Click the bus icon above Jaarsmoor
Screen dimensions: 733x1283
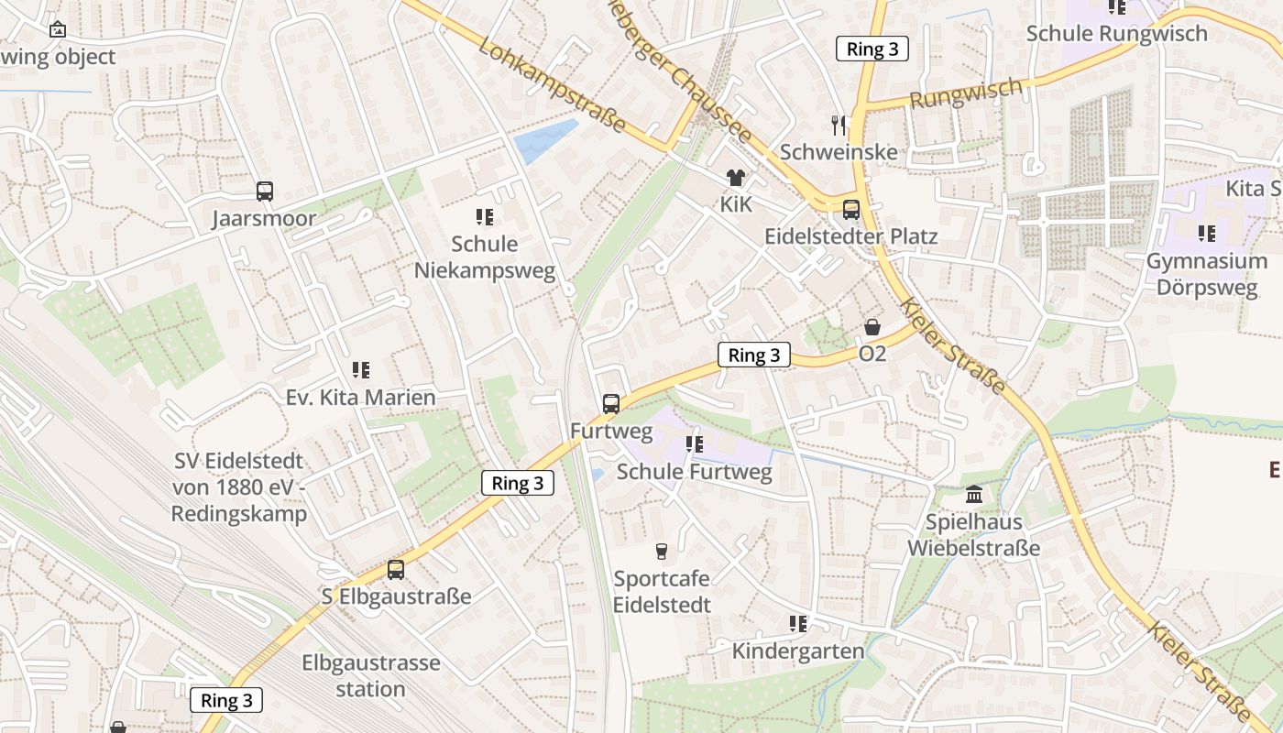click(265, 191)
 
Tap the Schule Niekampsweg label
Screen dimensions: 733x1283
click(485, 257)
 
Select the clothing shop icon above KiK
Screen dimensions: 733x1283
click(735, 178)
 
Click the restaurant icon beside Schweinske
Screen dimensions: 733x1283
click(839, 126)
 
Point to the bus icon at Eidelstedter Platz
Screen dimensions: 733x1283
click(851, 210)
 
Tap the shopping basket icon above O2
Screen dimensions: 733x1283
click(872, 327)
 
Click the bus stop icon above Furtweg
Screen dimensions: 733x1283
click(611, 403)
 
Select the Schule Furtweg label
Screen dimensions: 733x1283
click(694, 473)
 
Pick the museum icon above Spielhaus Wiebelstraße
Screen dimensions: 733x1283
click(974, 495)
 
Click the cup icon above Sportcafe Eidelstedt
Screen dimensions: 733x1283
click(661, 551)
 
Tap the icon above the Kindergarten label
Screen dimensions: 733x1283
click(798, 624)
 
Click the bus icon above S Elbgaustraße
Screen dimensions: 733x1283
click(396, 569)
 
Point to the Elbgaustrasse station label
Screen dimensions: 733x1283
click(371, 675)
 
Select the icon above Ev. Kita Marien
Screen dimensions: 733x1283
click(361, 370)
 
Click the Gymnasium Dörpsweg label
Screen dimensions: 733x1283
click(1206, 274)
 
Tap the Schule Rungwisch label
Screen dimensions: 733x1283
click(1116, 34)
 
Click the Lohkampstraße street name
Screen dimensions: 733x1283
click(552, 86)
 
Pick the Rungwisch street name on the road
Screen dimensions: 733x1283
click(966, 93)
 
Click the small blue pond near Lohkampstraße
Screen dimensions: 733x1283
click(544, 141)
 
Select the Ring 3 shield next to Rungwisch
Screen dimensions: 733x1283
click(872, 49)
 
